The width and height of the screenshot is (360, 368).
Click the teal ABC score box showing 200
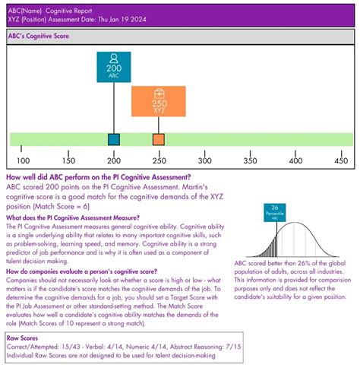113,67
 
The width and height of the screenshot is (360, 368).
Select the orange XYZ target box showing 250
158,102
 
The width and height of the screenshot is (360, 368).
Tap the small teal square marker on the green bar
114,139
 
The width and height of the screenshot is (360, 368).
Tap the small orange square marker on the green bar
158,139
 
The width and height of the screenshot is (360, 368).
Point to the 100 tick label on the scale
24,160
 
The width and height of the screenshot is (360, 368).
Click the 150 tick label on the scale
68,160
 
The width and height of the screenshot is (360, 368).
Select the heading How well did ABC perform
98,176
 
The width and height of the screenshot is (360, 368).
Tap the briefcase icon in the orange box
158,94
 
